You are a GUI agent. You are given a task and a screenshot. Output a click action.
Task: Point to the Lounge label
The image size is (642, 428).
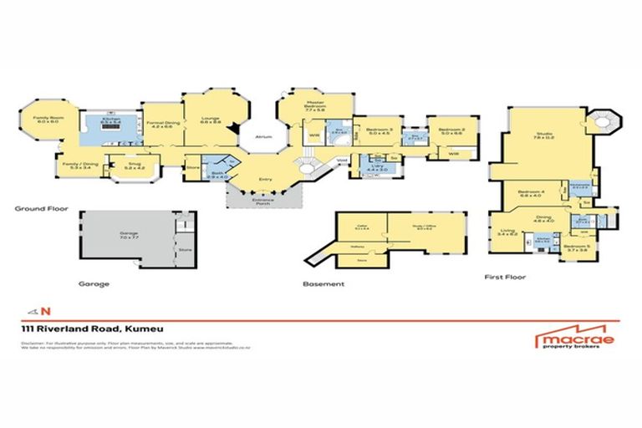(x=209, y=120)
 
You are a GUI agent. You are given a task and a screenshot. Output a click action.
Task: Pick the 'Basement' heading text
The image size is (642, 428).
(x=323, y=284)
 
